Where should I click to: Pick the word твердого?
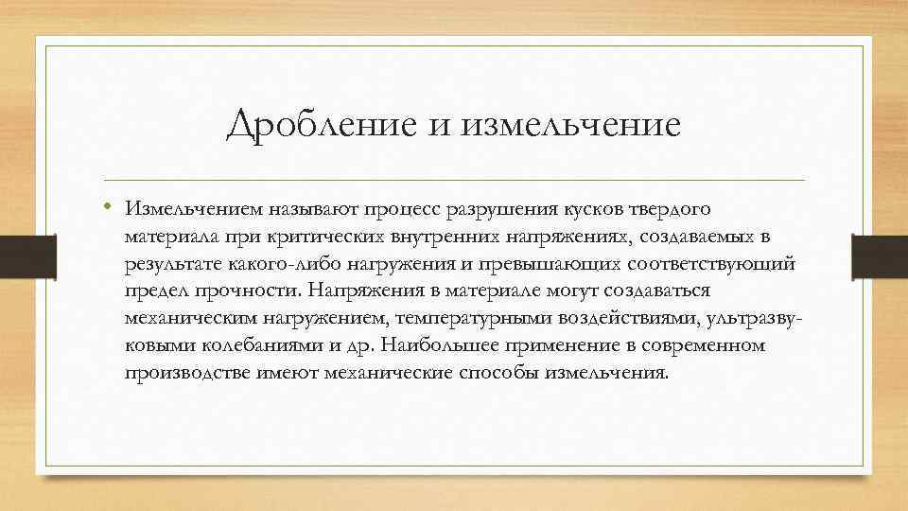tap(672, 206)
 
